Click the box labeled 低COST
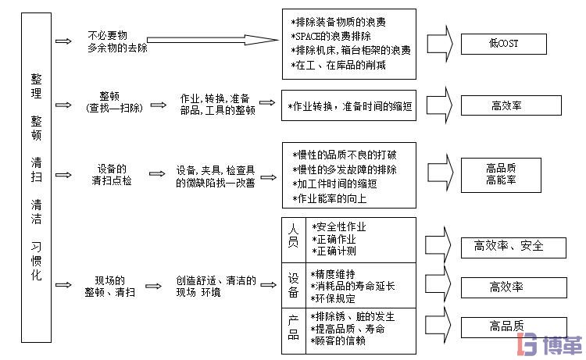pyautogui.click(x=503, y=44)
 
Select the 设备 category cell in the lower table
pyautogui.click(x=294, y=285)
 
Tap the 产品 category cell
pyautogui.click(x=294, y=329)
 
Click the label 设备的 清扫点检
pyautogui.click(x=112, y=175)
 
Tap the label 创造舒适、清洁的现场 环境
pyautogui.click(x=216, y=286)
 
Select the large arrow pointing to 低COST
pyautogui.click(x=438, y=43)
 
